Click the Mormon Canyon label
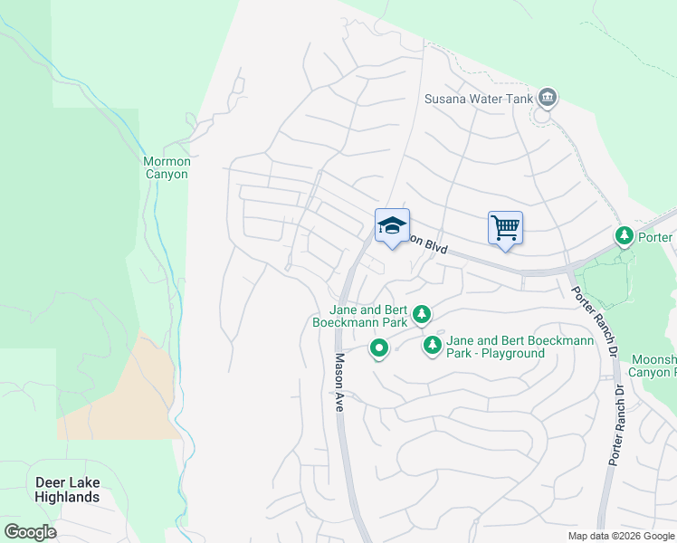point(166,168)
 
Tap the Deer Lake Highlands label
point(67,490)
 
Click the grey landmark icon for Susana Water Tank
point(547,97)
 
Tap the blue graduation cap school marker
point(392,226)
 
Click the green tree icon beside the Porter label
point(625,236)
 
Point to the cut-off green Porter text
point(656,237)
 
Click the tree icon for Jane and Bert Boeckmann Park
point(421,315)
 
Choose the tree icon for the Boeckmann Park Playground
point(433,345)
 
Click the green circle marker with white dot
point(378,348)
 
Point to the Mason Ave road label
point(340,383)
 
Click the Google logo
point(30,532)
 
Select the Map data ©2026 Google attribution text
point(620,536)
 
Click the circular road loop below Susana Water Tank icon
point(543,116)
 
